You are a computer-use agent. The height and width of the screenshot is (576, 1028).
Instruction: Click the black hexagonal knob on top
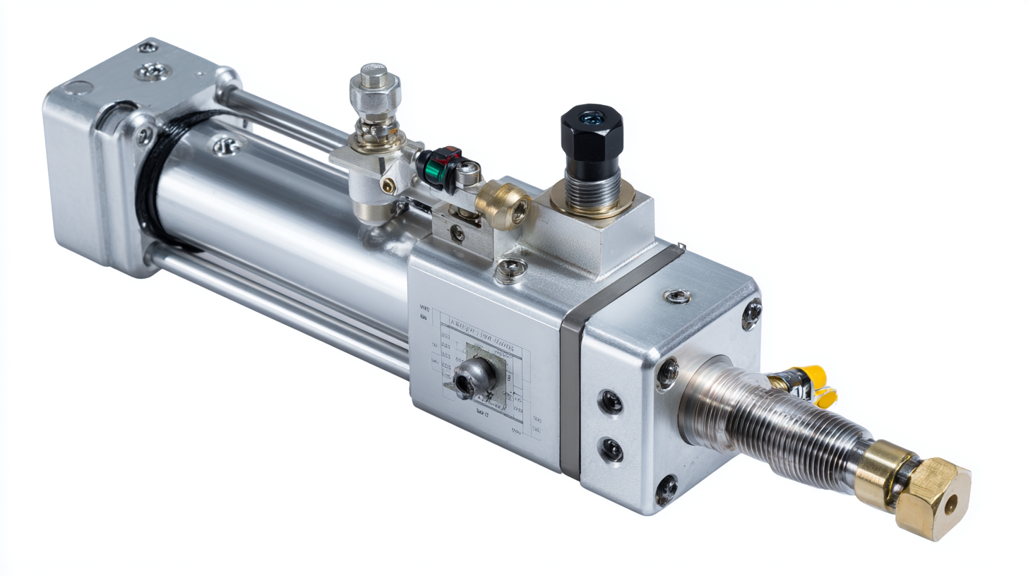[591, 134]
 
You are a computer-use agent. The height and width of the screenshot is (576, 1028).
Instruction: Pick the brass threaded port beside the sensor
[504, 205]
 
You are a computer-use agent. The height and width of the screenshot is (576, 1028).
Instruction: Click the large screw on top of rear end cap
[154, 71]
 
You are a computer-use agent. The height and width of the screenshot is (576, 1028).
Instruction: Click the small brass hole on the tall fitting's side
[388, 185]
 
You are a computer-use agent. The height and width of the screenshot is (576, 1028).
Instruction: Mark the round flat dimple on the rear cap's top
[79, 89]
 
